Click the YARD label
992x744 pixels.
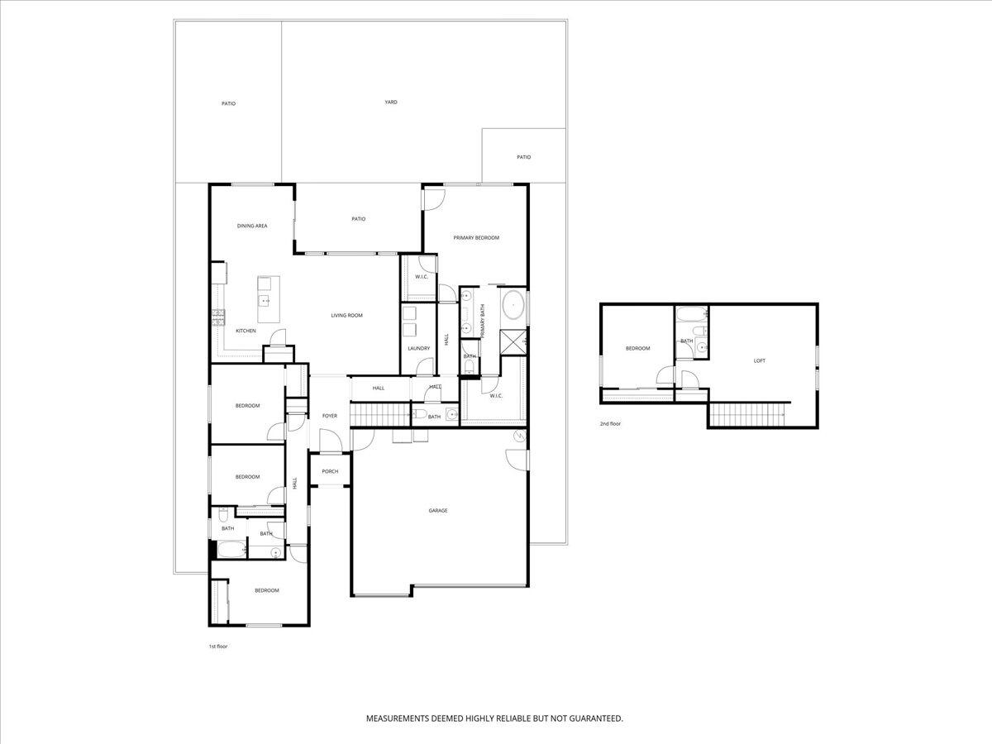tap(391, 103)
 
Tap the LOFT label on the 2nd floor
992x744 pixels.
tap(759, 360)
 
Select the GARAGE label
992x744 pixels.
tap(437, 511)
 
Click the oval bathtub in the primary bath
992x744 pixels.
tap(514, 305)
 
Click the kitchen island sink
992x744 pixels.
tap(265, 300)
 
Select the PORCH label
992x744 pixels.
tap(330, 472)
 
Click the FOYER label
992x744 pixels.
tap(329, 416)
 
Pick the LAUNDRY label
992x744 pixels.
tap(418, 348)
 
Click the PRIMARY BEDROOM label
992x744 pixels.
tap(476, 238)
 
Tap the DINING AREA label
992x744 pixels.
tap(252, 226)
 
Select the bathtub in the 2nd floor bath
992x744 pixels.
tap(691, 314)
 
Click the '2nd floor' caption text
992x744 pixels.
tap(610, 424)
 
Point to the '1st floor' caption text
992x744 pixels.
tap(217, 646)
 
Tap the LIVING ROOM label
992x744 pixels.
tap(346, 316)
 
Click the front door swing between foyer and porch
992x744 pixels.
tap(330, 446)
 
